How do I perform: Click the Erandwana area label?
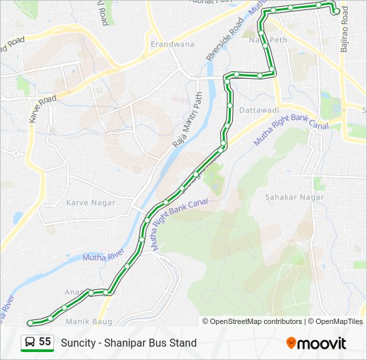tap(172, 44)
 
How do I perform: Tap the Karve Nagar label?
tap(91, 202)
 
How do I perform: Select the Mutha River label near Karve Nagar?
tap(103, 255)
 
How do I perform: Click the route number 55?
tap(45, 342)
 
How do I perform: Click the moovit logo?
tap(316, 343)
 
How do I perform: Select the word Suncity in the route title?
tap(78, 343)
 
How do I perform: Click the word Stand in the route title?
tap(183, 343)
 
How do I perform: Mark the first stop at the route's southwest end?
tap(29, 323)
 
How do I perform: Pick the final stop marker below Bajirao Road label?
tap(336, 11)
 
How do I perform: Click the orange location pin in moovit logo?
tap(291, 343)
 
